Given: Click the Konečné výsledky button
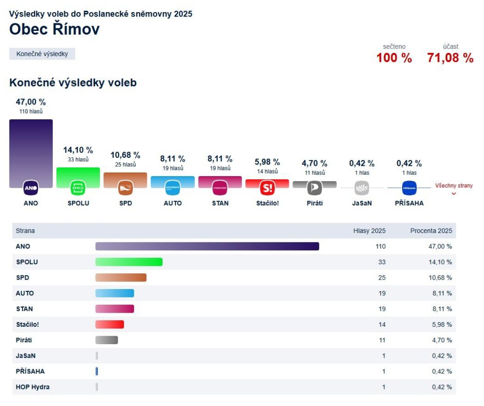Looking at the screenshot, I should pos(42,54).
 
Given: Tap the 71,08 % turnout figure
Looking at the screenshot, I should pos(450,58).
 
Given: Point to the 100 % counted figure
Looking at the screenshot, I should pos(394,58).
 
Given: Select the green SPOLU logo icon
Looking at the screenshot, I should pos(78,188).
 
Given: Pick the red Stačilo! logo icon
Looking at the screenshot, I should pos(267,188).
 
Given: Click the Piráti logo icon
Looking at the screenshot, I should pos(315,188).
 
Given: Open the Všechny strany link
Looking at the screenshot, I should pos(454,186).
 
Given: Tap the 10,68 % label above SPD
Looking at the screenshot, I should pos(125,155).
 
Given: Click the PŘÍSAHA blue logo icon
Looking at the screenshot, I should pos(409,188).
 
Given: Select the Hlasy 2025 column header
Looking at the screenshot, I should pos(369,231).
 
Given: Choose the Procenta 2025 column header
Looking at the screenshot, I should pos(431,231).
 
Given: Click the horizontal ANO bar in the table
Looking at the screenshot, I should pos(207,246).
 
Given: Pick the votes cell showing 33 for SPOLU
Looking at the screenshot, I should pos(381,262).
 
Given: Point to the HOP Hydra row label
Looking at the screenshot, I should pos(33,387).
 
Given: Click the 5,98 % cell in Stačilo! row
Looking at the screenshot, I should pos(441,324).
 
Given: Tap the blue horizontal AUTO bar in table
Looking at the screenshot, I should pos(115,293).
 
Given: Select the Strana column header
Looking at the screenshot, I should pos(25,231).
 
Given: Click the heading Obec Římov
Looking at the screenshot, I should pos(54,29).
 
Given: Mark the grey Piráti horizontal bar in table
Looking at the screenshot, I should pos(107,340).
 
